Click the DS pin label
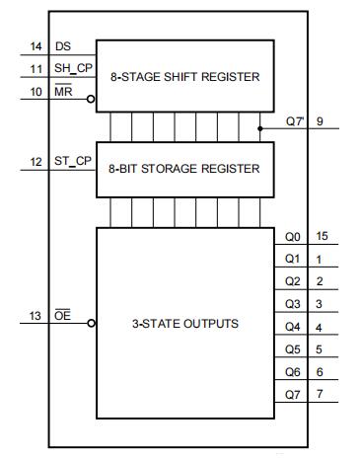(63, 46)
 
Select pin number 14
(36, 46)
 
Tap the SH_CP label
(73, 68)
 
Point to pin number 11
(36, 69)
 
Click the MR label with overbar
(63, 91)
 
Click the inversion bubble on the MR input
(91, 99)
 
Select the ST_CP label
(73, 161)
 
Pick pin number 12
(36, 162)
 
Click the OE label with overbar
(62, 315)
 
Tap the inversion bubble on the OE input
(92, 323)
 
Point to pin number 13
(36, 316)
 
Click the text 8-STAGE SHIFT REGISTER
(185, 77)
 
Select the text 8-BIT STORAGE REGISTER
(184, 169)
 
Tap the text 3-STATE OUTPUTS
(185, 324)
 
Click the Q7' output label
(295, 121)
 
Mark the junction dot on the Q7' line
(260, 128)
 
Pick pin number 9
(320, 121)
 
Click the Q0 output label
(293, 237)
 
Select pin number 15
(322, 236)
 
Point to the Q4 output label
(293, 327)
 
